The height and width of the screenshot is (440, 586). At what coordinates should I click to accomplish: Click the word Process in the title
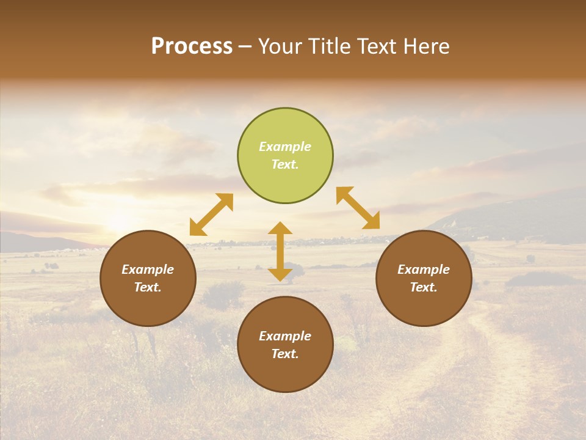[x=192, y=46]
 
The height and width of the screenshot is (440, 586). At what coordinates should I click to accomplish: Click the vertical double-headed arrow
[x=280, y=251]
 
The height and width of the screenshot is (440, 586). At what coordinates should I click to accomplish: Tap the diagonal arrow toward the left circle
[x=211, y=215]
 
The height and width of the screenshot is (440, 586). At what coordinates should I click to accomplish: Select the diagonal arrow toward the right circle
[x=358, y=208]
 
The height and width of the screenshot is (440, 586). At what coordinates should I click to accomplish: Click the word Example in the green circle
[x=285, y=147]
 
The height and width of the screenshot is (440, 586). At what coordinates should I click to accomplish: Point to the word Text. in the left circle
[x=148, y=287]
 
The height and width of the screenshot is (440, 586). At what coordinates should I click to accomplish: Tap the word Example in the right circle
[x=424, y=269]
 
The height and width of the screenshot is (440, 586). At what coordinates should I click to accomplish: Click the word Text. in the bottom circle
[x=285, y=354]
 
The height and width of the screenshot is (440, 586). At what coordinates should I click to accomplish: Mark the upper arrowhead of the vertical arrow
[x=280, y=229]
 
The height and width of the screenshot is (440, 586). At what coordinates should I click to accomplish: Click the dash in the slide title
[x=245, y=46]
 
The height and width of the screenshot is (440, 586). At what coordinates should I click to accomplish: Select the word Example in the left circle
[x=148, y=269]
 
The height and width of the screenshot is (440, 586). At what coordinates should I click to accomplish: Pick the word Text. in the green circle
[x=285, y=164]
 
